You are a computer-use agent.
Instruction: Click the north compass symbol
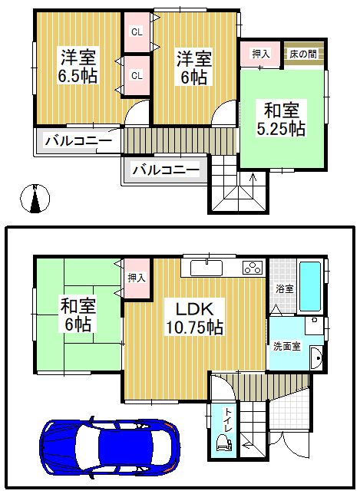(35, 198)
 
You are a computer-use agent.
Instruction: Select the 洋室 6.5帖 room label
(78, 66)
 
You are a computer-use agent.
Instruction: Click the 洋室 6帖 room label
(194, 68)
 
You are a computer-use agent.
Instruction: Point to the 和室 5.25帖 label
(281, 119)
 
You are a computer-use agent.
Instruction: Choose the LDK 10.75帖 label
(194, 318)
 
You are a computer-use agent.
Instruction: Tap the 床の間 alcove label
(303, 54)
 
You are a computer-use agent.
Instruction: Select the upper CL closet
(137, 31)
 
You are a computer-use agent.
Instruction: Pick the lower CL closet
(137, 76)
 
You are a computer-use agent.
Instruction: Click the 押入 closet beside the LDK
(137, 278)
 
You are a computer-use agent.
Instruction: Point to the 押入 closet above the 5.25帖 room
(260, 54)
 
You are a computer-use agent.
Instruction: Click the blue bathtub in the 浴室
(310, 286)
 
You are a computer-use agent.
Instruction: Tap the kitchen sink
(206, 268)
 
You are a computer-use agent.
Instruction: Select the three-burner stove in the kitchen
(253, 268)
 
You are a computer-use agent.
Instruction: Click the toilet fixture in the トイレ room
(223, 442)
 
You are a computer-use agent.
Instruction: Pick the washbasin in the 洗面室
(316, 358)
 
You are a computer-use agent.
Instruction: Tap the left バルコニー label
(78, 140)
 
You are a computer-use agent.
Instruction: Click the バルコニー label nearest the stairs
(166, 170)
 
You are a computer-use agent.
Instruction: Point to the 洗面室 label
(286, 346)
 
